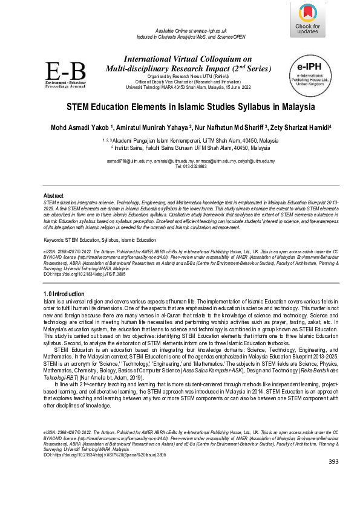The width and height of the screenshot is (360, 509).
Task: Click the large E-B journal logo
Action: (x=66, y=75)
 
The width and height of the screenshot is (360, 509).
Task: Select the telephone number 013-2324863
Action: (x=192, y=166)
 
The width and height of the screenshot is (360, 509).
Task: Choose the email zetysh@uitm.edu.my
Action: (x=256, y=161)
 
